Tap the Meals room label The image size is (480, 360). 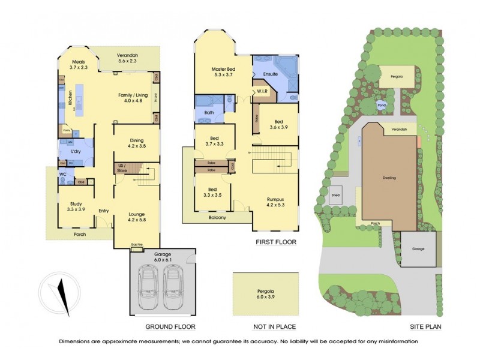(79, 65)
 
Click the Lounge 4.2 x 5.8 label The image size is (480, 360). (137, 217)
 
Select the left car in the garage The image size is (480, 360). (148, 284)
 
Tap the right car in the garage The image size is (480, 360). (173, 284)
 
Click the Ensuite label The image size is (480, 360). (270, 74)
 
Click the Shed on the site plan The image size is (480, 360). (335, 196)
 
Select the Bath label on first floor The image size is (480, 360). (209, 112)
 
